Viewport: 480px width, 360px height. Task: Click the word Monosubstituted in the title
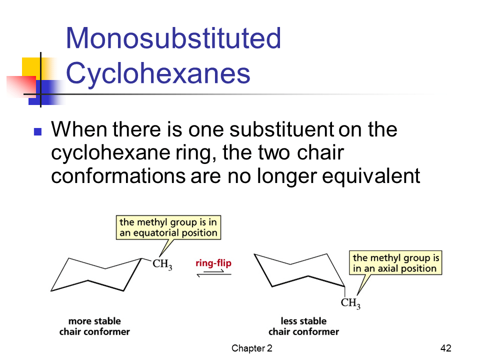[x=173, y=38]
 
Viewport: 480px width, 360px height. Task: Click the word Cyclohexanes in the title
[x=158, y=73]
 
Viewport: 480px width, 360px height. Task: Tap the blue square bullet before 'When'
[x=37, y=131]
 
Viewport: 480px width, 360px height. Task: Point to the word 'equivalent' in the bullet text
[x=371, y=176]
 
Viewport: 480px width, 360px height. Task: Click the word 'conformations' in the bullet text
[x=118, y=176]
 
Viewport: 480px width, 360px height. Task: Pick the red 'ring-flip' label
[x=213, y=263]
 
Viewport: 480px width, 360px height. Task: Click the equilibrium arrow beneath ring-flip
[x=214, y=273]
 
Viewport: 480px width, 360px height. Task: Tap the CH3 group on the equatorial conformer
[x=162, y=264]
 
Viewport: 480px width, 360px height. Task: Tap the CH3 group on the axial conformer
[x=350, y=303]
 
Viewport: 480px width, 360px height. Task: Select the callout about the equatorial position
[x=168, y=227]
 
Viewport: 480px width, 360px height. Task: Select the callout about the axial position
[x=395, y=262]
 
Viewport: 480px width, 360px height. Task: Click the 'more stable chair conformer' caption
[x=94, y=326]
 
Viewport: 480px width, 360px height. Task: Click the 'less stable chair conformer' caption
[x=303, y=326]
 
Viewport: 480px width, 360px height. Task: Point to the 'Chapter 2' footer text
[x=251, y=348]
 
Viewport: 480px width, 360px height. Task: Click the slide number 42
[x=445, y=348]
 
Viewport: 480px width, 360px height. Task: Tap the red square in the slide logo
[x=21, y=86]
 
